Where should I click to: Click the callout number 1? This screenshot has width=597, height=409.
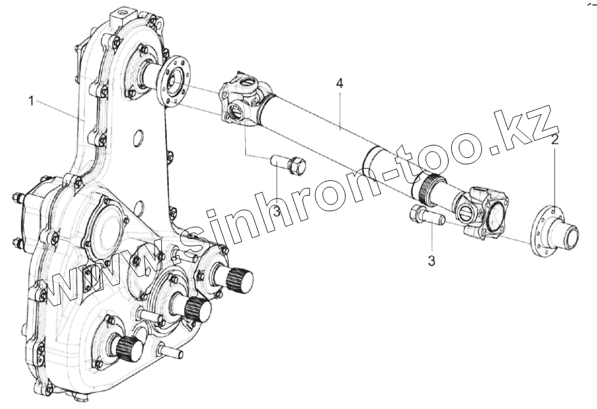(31, 101)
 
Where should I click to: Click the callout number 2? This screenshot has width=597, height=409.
(554, 140)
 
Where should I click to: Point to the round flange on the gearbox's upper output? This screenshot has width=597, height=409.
(174, 81)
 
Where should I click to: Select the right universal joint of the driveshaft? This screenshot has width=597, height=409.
(483, 211)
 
